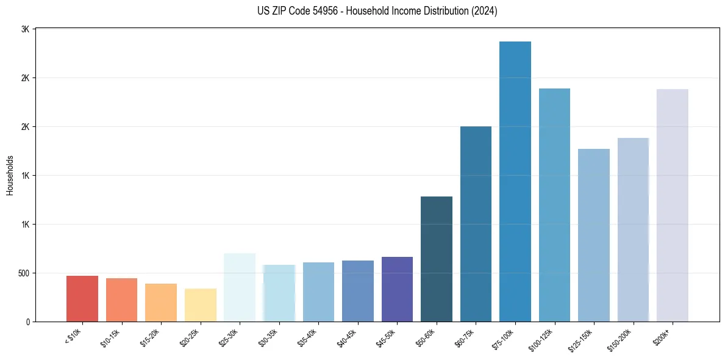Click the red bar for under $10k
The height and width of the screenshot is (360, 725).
82,298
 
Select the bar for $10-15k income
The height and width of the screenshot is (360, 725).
121,300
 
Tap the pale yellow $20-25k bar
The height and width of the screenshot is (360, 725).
200,305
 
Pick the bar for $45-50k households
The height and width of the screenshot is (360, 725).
397,289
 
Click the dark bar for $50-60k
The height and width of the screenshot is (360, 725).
437,259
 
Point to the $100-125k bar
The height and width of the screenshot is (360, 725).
554,205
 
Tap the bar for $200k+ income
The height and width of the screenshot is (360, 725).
673,205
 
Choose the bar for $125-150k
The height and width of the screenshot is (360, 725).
594,235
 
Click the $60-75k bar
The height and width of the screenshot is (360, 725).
476,224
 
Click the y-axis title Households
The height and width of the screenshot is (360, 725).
10,175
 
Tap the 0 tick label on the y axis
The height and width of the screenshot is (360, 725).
27,322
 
